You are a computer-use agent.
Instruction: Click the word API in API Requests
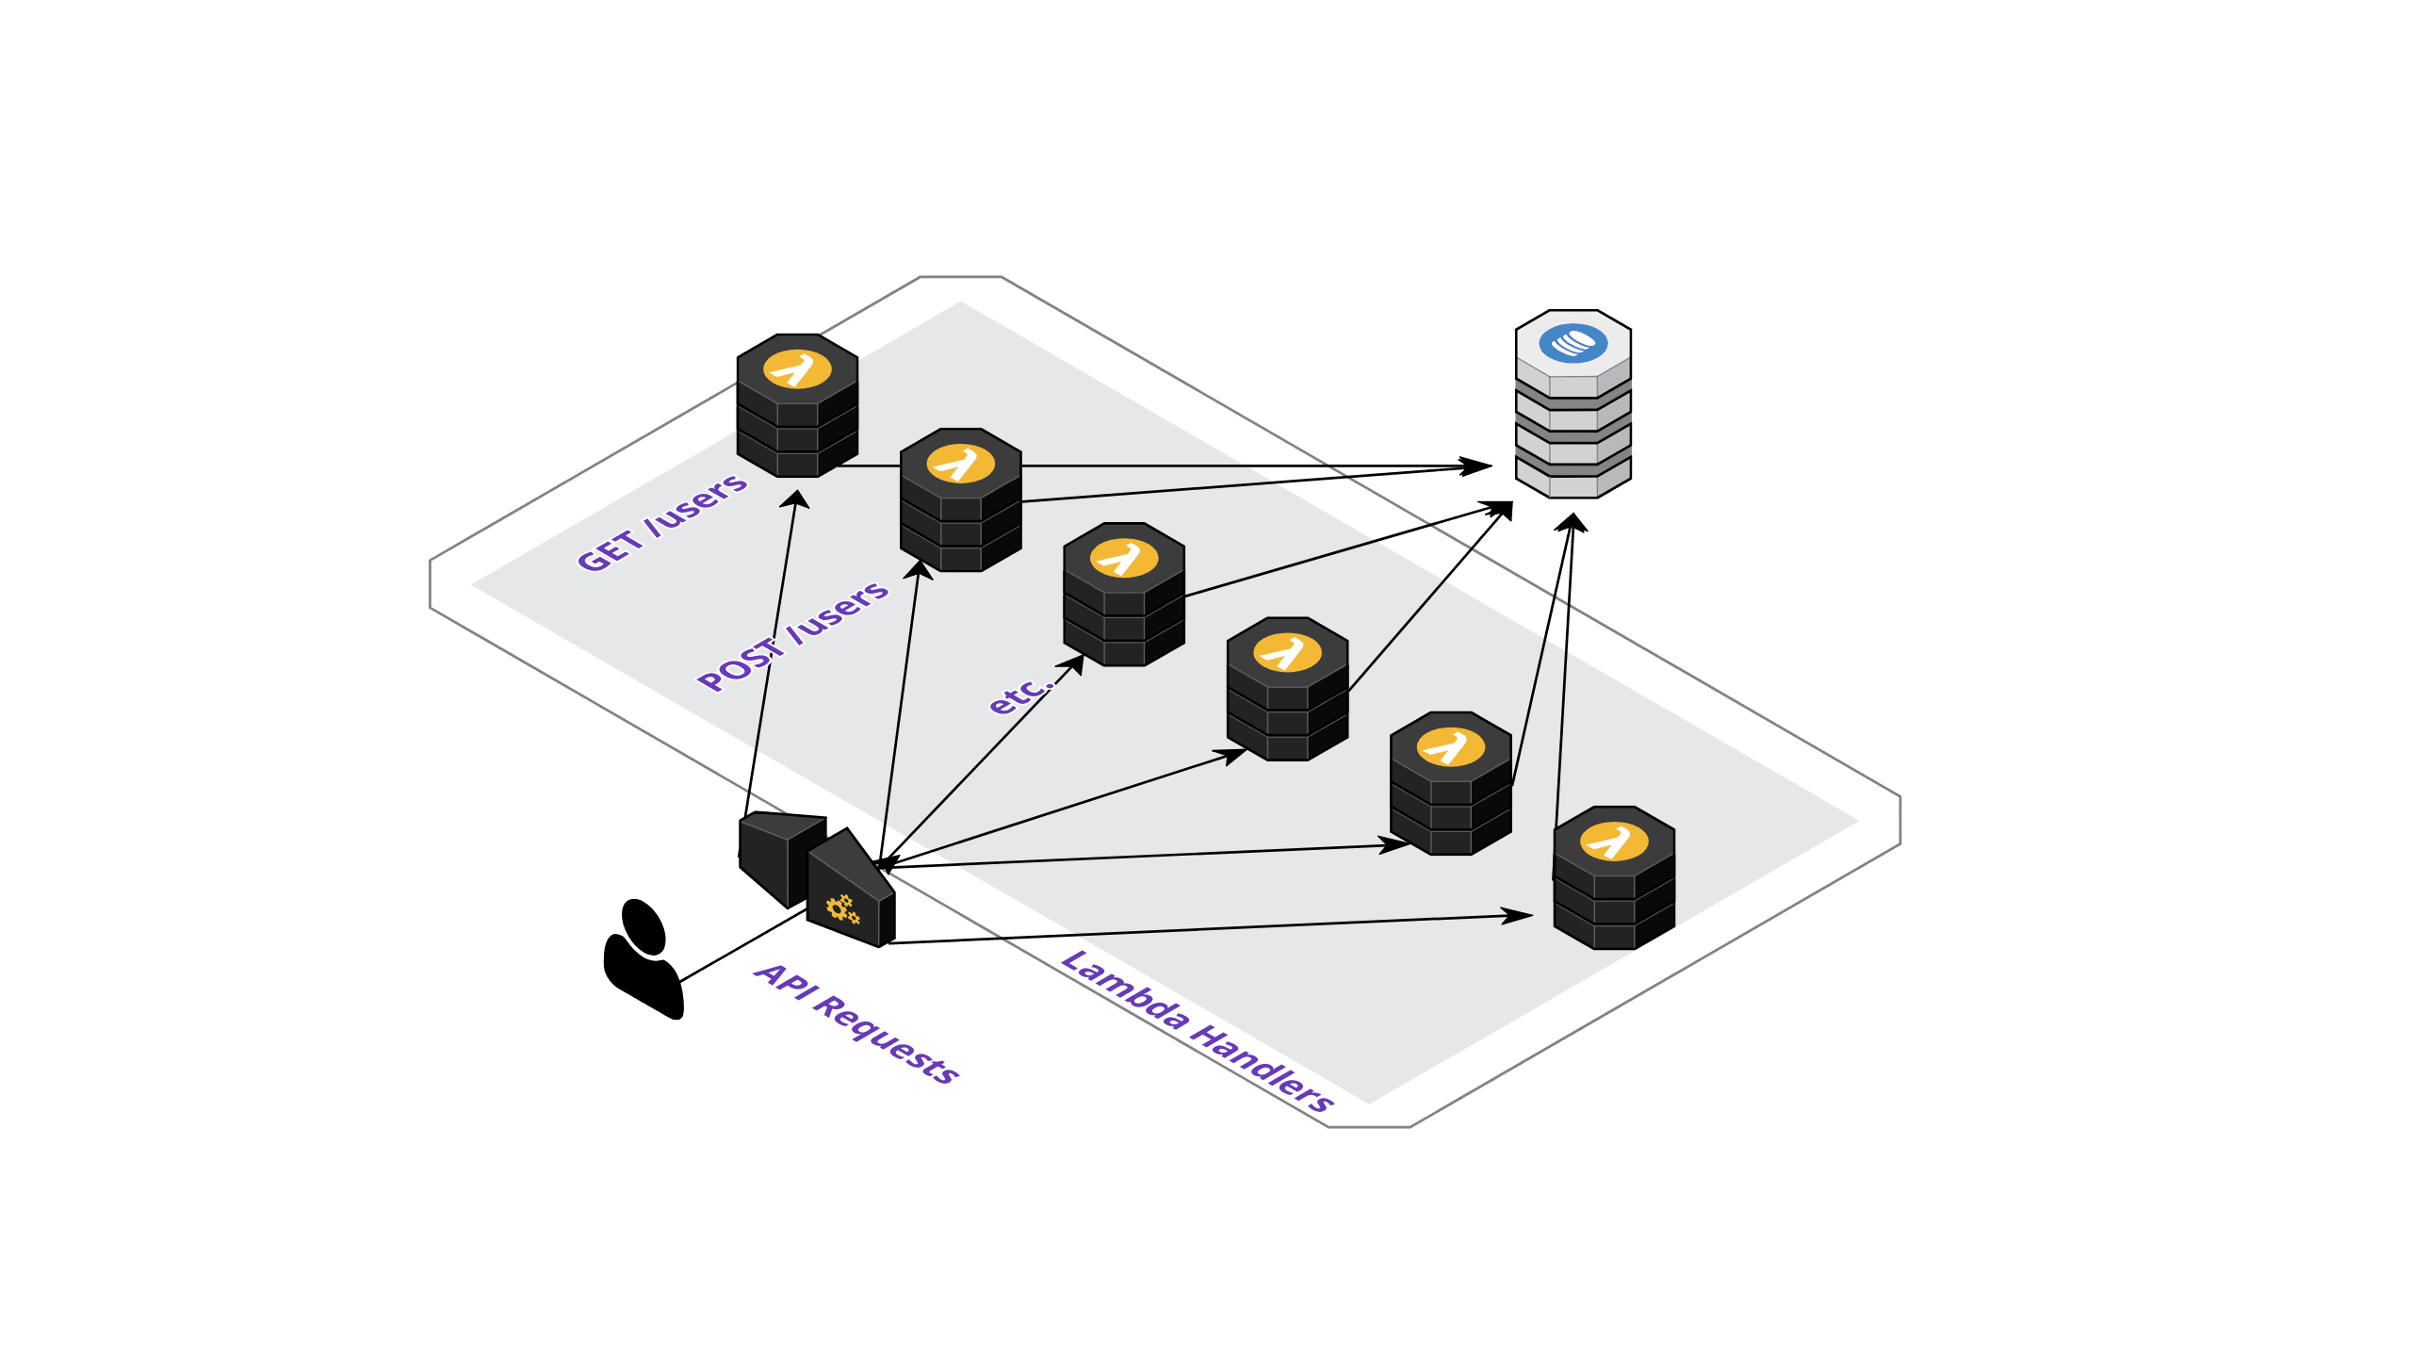coord(783,979)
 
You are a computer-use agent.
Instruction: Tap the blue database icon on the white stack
coord(1573,342)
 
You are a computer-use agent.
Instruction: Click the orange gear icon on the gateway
coord(842,909)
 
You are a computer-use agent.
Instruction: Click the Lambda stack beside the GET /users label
coord(797,405)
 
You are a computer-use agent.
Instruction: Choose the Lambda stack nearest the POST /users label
coord(961,499)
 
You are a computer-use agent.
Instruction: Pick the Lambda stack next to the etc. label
coord(1124,594)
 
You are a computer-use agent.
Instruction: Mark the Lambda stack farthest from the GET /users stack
coord(1614,877)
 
